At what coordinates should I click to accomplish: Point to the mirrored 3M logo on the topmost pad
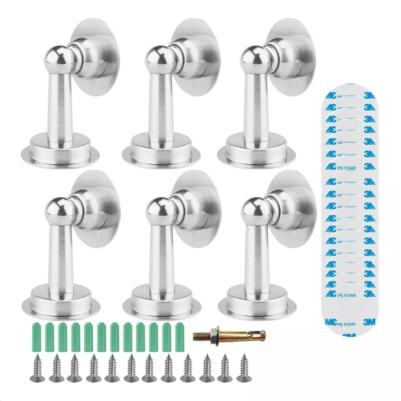pyautogui.click(x=330, y=95)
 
